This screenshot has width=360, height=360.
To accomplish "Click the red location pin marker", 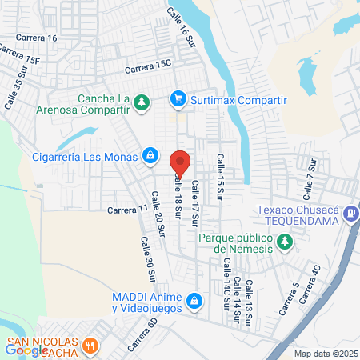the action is pos(180,162).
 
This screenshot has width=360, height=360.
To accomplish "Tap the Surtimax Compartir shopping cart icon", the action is pos(178,99).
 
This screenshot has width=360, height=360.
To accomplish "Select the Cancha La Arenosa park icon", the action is pos(142,102).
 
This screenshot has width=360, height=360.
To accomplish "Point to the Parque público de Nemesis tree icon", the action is pos(284,241).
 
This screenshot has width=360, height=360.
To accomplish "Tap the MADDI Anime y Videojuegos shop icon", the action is pos(193,302).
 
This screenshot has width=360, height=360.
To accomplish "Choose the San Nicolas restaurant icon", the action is pos(90,346).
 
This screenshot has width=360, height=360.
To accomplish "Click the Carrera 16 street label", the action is pos(42,38).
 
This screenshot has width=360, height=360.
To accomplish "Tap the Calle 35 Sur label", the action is pos(14,91).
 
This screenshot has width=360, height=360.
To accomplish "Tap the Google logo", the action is pos(27,350).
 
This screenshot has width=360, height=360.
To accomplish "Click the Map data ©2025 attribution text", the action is pos(326,354).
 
